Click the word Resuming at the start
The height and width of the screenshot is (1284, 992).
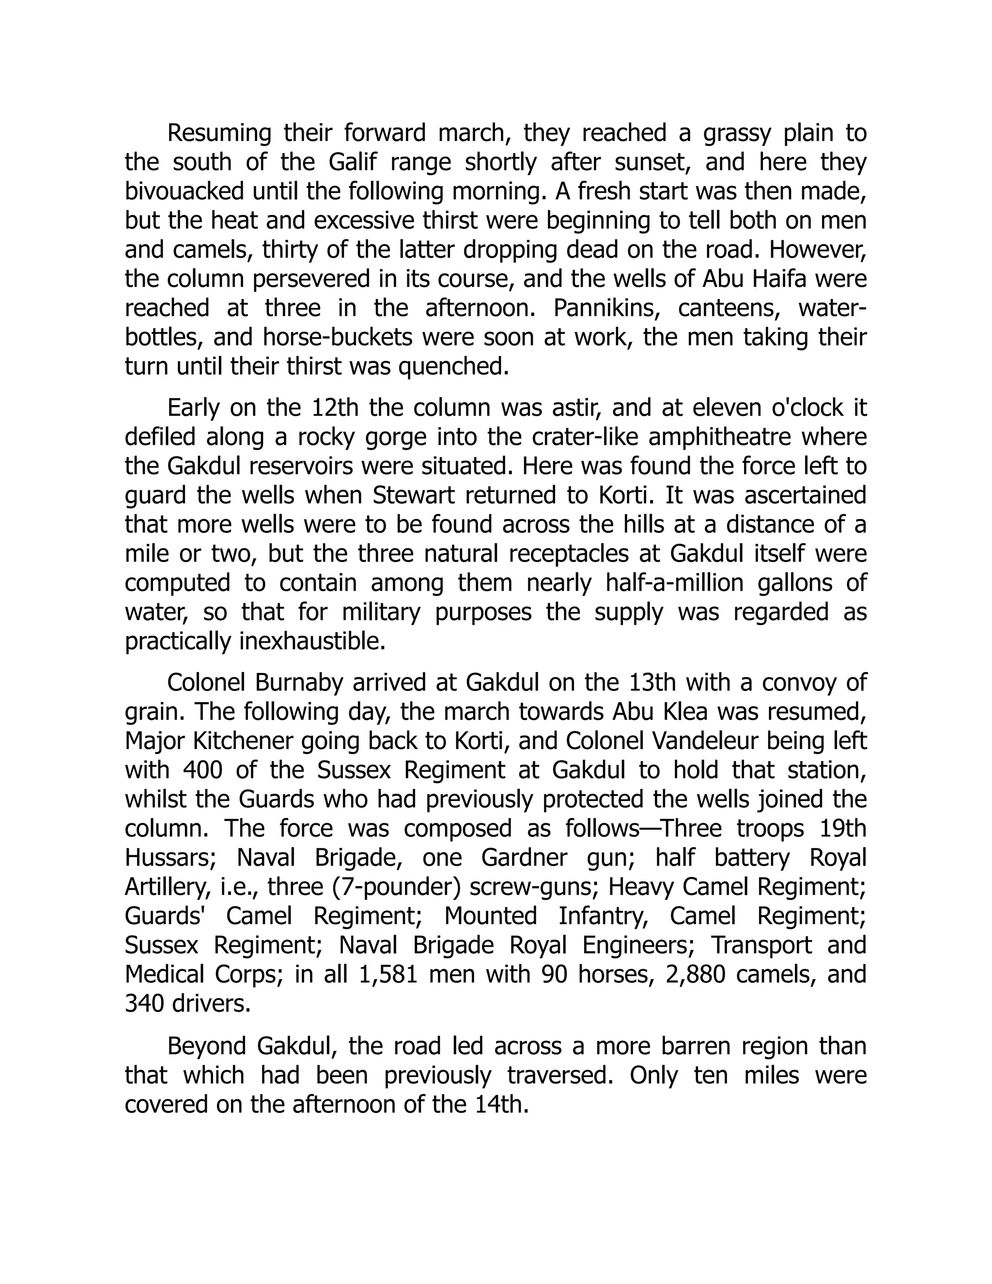[x=218, y=133]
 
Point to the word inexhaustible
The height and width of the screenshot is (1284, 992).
[x=312, y=642]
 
